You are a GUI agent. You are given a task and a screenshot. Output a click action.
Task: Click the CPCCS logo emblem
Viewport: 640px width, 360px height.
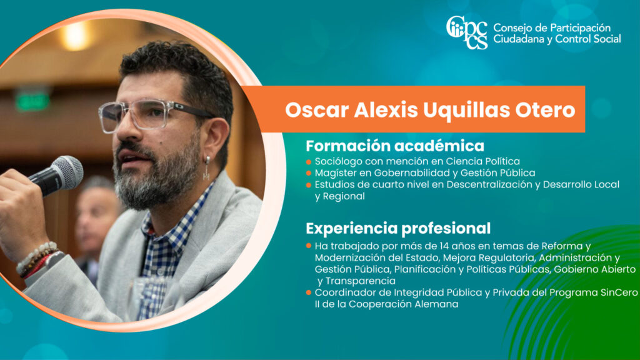(x=467, y=32)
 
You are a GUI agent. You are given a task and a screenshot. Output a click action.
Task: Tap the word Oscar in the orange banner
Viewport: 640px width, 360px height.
(x=317, y=110)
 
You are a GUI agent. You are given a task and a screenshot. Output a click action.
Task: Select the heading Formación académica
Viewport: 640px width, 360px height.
(x=395, y=146)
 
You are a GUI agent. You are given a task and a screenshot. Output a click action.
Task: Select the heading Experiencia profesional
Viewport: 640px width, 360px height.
(x=398, y=228)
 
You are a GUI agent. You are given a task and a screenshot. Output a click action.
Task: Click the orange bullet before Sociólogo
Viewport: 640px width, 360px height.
(x=309, y=162)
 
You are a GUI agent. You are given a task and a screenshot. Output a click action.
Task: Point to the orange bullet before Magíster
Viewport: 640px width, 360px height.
(x=309, y=174)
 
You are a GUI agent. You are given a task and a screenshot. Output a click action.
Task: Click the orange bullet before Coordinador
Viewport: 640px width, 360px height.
(x=309, y=292)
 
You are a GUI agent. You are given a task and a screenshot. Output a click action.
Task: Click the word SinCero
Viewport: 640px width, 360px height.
(x=619, y=292)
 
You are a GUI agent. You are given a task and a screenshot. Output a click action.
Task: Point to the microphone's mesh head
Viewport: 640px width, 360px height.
(x=67, y=171)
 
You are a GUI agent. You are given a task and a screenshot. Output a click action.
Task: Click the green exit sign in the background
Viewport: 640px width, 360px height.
(x=32, y=101)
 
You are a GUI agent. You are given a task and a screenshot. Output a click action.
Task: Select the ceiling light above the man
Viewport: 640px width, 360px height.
(x=76, y=36)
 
